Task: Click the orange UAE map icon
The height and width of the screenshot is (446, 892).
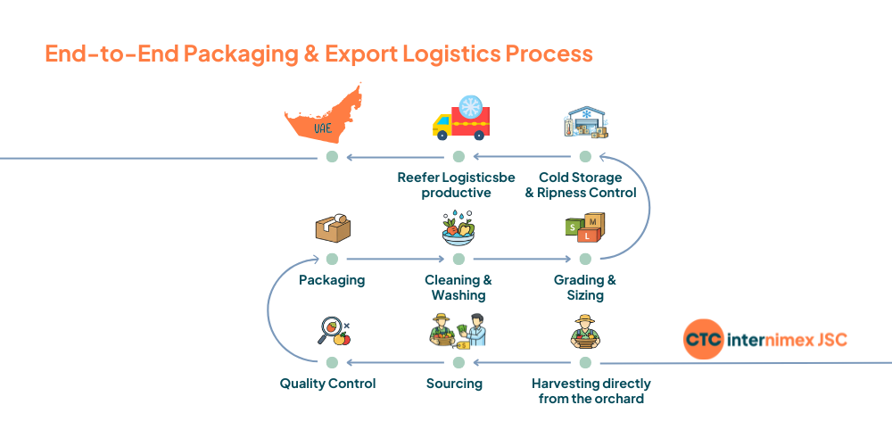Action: (x=323, y=114)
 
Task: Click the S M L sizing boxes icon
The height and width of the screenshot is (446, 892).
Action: (x=585, y=228)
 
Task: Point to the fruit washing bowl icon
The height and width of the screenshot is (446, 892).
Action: (x=458, y=229)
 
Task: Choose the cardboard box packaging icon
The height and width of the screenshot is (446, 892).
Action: (x=332, y=228)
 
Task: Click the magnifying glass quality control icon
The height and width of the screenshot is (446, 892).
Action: (x=333, y=333)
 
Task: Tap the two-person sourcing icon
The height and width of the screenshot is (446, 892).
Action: (x=458, y=331)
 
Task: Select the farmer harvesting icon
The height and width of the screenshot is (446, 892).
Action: (x=585, y=332)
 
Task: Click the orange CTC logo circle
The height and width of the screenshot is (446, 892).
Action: (x=704, y=340)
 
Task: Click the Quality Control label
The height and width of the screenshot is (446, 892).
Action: (x=327, y=384)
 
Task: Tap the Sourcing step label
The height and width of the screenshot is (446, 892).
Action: (x=454, y=384)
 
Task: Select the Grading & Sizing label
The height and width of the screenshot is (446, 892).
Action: (x=585, y=287)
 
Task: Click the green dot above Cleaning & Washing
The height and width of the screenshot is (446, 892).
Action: (x=458, y=259)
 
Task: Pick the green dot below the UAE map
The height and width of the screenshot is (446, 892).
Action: (x=332, y=157)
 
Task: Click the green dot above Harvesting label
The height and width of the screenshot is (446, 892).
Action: (x=585, y=362)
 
